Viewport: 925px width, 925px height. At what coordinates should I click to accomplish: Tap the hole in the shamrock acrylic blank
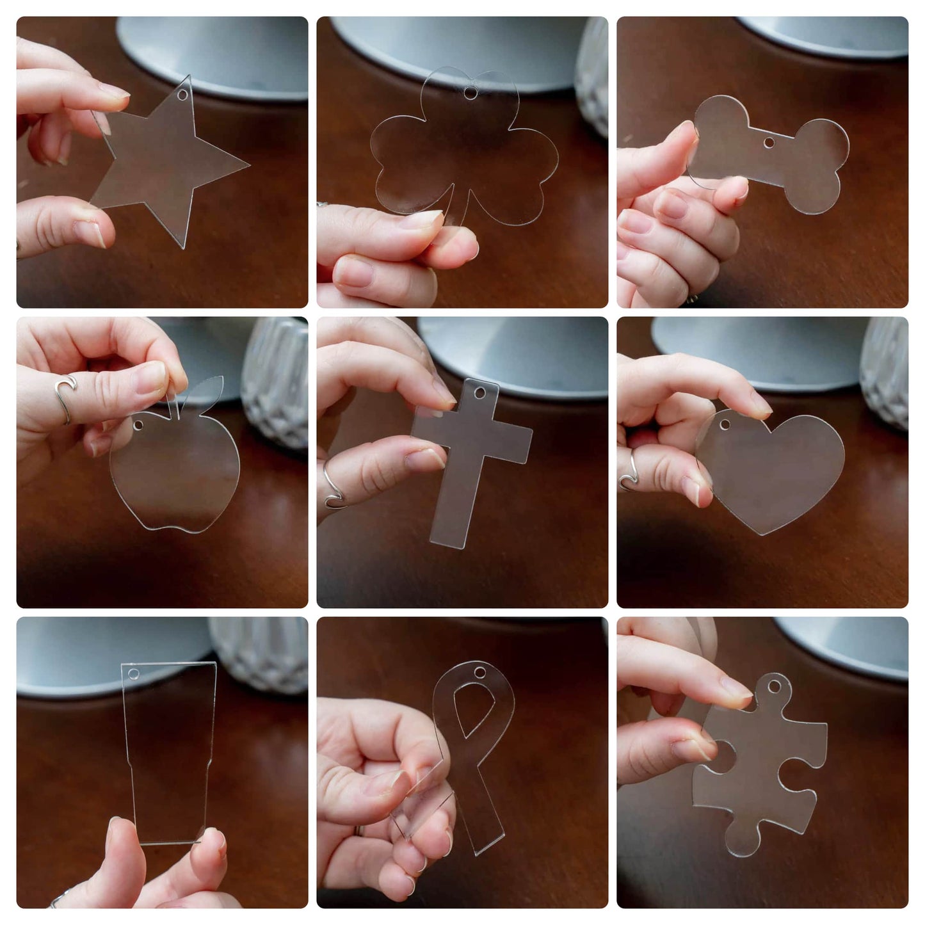(x=471, y=93)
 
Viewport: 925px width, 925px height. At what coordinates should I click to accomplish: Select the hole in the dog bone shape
(x=769, y=142)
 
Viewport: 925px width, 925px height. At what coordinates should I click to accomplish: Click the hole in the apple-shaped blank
(x=139, y=424)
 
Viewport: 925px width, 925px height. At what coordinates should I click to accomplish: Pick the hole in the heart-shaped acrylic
(x=725, y=424)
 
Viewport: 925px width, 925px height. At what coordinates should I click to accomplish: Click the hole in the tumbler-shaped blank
(x=134, y=674)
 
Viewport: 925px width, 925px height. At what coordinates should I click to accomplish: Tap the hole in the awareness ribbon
(x=479, y=673)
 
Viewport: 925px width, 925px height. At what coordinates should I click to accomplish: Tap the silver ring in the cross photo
(x=332, y=490)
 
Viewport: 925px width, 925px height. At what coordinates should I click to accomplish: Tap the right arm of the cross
(x=515, y=442)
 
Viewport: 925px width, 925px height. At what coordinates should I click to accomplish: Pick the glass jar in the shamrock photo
(x=593, y=77)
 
